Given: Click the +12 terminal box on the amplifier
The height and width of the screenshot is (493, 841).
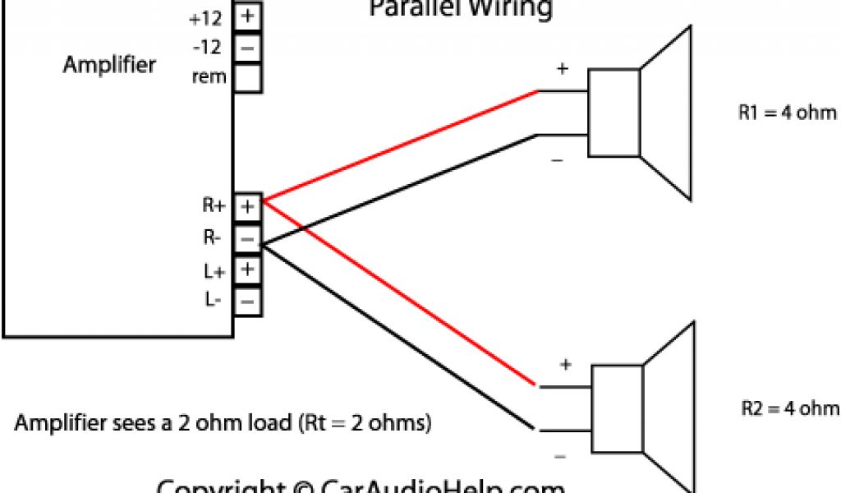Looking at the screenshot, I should [x=248, y=16].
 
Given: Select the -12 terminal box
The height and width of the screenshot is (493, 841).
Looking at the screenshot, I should [x=248, y=47].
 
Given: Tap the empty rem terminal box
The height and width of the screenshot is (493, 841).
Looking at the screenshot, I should [x=248, y=79].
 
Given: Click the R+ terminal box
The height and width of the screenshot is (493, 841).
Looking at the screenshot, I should [x=248, y=206].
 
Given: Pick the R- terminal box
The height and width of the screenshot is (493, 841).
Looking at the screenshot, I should [x=248, y=238].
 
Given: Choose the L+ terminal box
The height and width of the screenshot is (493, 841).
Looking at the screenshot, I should [x=248, y=270].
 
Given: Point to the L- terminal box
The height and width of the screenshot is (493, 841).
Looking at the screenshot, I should [x=248, y=301].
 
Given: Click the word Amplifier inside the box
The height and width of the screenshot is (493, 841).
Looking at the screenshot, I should [x=109, y=65].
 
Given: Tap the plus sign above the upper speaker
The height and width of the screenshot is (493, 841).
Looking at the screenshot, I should [x=563, y=70].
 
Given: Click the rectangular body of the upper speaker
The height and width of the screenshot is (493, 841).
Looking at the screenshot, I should [x=614, y=113].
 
